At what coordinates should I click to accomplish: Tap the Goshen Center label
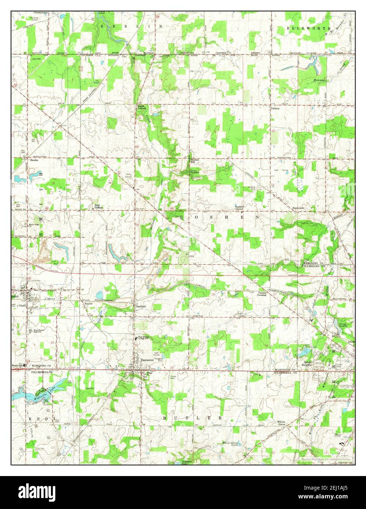pos(239,208)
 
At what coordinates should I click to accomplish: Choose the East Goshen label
pos(99,206)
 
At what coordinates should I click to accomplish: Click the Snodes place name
pos(34,160)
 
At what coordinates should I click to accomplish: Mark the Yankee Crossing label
pos(262,294)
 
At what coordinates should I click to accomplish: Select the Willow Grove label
pos(281,423)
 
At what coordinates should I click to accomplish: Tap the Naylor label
pos(88,304)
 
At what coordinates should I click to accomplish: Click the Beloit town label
pos(15,296)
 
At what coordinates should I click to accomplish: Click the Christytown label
pos(40,12)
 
